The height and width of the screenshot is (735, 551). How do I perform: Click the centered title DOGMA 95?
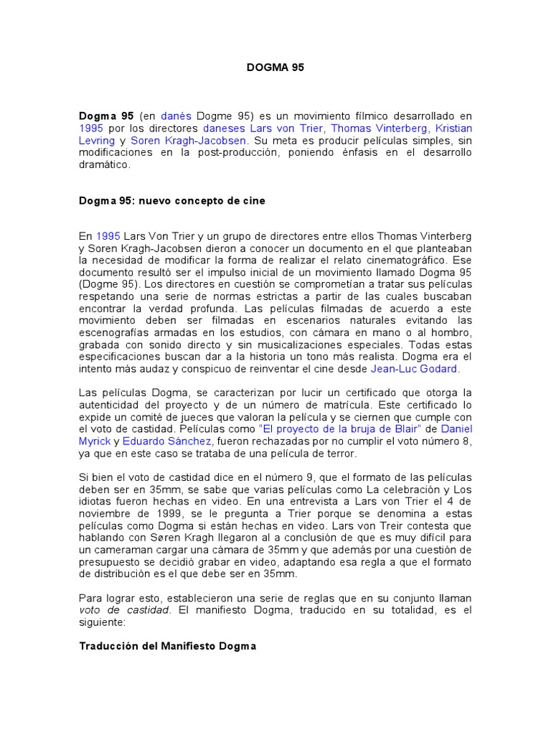coord(275,68)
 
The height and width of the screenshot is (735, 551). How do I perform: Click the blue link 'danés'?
coord(176,116)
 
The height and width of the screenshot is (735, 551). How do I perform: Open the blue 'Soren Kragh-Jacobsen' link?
coord(188,140)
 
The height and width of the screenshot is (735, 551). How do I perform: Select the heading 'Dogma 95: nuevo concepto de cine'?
coord(171,201)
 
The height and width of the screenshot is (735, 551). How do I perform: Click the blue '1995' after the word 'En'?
coord(108,236)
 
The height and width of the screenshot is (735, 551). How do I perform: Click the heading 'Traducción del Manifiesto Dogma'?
coord(167,647)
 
